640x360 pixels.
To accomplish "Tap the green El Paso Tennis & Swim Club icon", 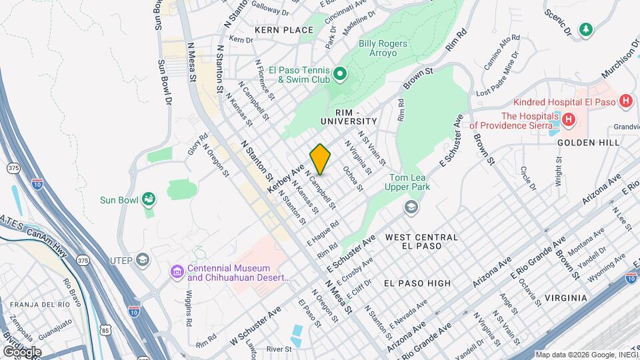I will [x=339, y=73].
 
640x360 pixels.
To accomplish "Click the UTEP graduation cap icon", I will [x=142, y=259].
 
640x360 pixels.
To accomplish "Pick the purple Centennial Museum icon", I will [x=177, y=272].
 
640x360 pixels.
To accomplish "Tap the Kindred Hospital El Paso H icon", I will [x=625, y=102].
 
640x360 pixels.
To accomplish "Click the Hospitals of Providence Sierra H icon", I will [x=568, y=120].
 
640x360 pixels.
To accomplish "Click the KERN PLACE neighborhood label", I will [x=283, y=30].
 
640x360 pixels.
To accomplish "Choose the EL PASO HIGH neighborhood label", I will [x=417, y=283].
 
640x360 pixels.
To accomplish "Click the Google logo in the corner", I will [x=22, y=351].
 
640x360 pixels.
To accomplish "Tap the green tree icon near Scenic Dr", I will [x=585, y=29].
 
